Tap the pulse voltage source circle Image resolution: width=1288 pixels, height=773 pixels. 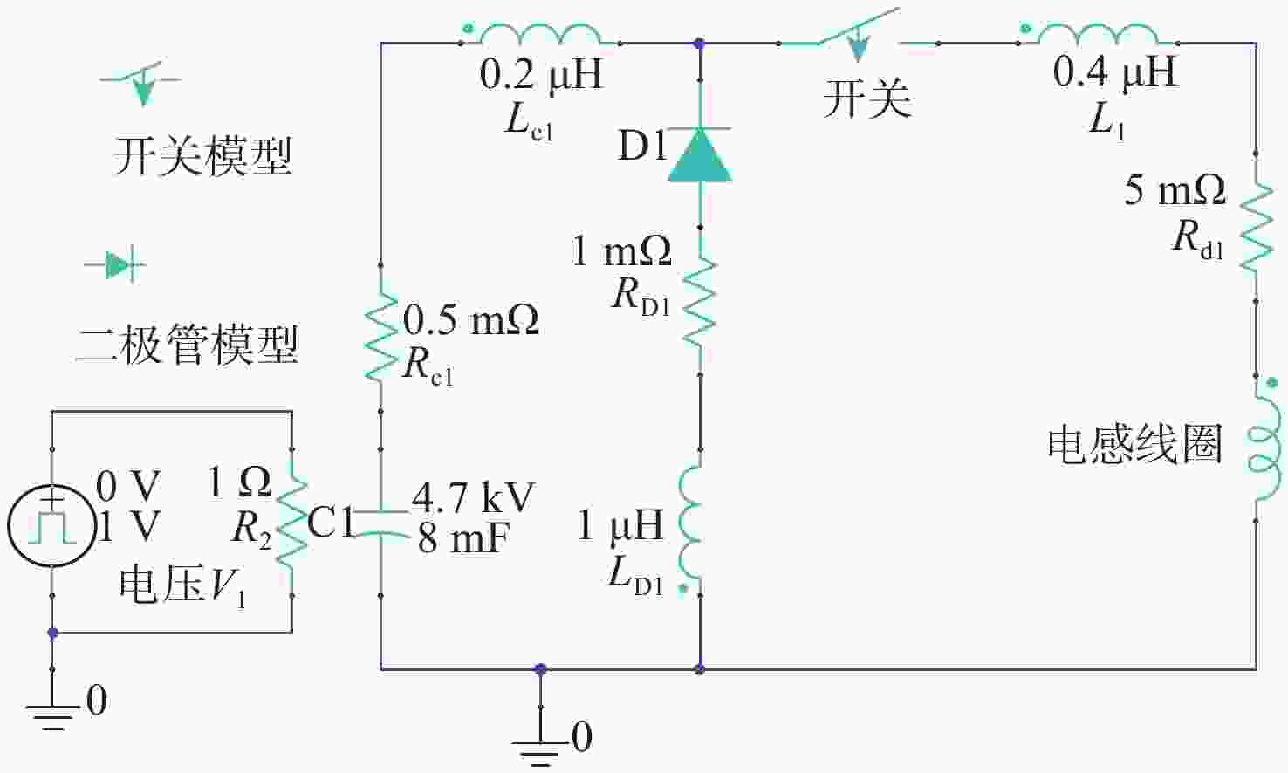[x=51, y=526]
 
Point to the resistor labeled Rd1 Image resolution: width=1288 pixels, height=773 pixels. [x=1257, y=227]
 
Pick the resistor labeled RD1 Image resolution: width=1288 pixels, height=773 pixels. [x=700, y=302]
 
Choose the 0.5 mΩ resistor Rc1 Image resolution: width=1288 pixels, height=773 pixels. [x=380, y=338]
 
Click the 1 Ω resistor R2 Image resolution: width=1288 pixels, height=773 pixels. [x=292, y=522]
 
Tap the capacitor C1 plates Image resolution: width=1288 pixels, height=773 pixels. [x=380, y=523]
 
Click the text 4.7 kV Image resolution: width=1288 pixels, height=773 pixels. [x=473, y=496]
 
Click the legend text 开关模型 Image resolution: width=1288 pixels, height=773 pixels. [x=203, y=156]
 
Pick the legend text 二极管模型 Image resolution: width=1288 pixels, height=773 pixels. [x=187, y=345]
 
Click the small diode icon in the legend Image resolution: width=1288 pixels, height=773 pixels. [x=115, y=265]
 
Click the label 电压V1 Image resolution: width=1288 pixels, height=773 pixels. [x=183, y=586]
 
